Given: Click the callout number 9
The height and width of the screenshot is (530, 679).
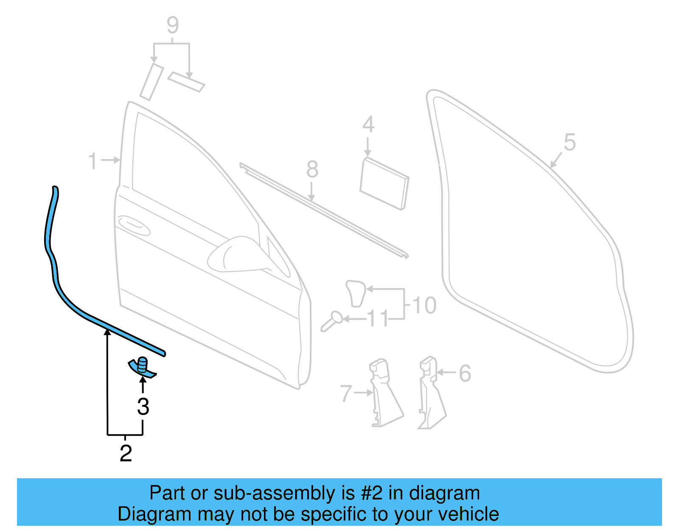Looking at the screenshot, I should coord(173,25).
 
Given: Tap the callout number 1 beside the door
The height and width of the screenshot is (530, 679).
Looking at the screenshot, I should coord(93,161).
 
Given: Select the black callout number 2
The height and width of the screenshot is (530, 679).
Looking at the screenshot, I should coord(126,453).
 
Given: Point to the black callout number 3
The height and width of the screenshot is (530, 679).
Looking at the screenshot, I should coord(143,407).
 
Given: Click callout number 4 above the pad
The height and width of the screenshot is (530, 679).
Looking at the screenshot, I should coord(368,125).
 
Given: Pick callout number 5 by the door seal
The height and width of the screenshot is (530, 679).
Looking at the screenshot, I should coord(570,142).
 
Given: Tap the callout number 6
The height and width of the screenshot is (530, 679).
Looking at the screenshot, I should coord(465,373).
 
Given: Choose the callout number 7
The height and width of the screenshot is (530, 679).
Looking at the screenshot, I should coord(346,393).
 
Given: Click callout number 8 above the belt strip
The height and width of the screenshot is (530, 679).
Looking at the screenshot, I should coord(312,170).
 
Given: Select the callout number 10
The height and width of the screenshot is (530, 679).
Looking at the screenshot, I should coord(424,306).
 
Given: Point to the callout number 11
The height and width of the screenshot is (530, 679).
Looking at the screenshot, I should coord(378,319).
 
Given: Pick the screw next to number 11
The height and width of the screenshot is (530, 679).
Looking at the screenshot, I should coord(331,321).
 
